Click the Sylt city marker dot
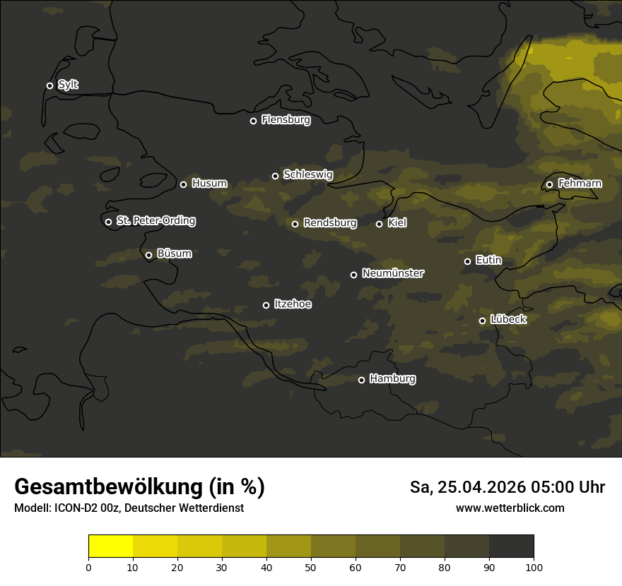(x=49, y=86)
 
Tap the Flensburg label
(x=286, y=120)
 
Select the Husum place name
(x=209, y=184)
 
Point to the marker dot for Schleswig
(x=275, y=176)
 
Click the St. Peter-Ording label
(x=155, y=221)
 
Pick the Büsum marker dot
(x=148, y=256)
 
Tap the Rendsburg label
(x=329, y=223)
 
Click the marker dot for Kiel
(x=379, y=224)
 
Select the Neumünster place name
(x=392, y=273)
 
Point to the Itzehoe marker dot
(x=266, y=305)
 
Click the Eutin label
(x=488, y=261)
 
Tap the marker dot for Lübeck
(x=482, y=321)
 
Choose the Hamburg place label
(x=392, y=379)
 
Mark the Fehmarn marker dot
(x=549, y=185)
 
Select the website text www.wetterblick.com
(x=510, y=508)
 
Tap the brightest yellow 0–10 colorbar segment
(x=110, y=546)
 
